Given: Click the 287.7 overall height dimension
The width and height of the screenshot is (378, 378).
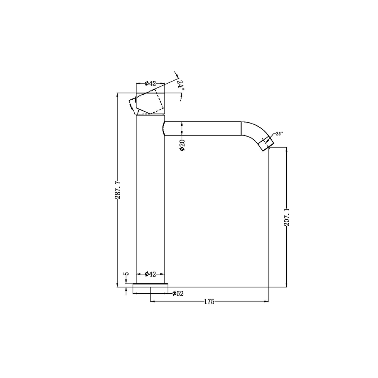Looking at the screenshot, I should click(x=118, y=190).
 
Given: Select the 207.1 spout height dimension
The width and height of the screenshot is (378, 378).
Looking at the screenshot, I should click(x=287, y=217).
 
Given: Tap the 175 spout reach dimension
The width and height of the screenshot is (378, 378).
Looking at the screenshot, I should click(x=209, y=302).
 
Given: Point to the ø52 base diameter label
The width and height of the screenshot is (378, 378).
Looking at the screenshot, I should click(x=178, y=294).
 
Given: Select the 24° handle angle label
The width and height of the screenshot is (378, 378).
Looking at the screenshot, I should click(x=181, y=85).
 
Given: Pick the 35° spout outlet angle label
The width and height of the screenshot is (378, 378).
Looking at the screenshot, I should click(x=279, y=134).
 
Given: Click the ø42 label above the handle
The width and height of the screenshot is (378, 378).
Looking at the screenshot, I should click(x=150, y=83).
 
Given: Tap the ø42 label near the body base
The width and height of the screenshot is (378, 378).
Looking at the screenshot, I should click(x=150, y=274).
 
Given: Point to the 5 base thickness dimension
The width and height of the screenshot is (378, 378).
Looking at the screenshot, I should click(x=127, y=274).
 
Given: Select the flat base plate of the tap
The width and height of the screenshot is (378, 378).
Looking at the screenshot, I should click(x=150, y=285).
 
